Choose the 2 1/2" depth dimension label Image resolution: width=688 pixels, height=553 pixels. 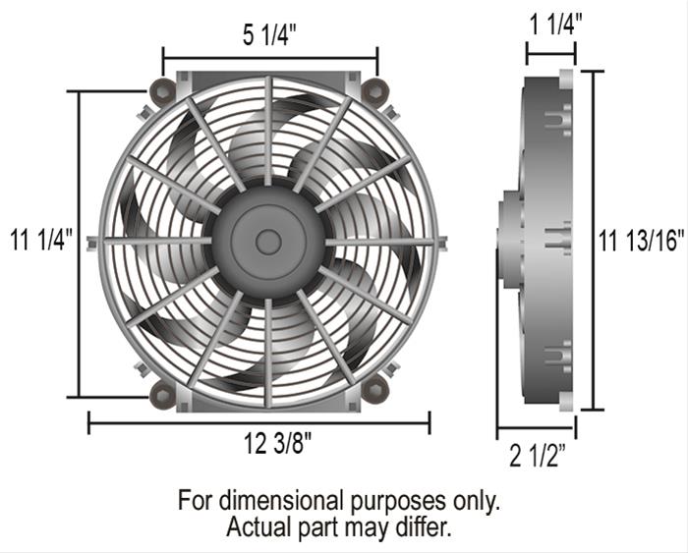pyautogui.click(x=537, y=456)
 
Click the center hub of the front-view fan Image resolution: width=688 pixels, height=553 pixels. pyautogui.click(x=267, y=241)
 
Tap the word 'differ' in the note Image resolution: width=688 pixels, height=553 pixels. pyautogui.click(x=423, y=526)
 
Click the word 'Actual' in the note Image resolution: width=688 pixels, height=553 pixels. pyautogui.click(x=258, y=526)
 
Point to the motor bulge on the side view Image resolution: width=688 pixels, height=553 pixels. pyautogui.click(x=509, y=240)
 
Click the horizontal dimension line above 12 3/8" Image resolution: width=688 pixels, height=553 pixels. pyautogui.click(x=258, y=423)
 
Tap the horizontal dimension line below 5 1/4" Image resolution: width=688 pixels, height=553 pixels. pyautogui.click(x=269, y=58)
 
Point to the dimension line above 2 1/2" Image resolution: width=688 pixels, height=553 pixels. pyautogui.click(x=536, y=428)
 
